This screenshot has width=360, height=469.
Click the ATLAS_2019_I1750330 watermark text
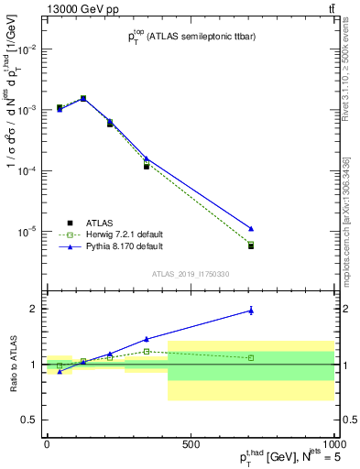pos(190,274)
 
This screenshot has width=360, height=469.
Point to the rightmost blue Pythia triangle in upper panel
pos(251,228)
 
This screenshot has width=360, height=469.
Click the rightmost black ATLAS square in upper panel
pos(251,246)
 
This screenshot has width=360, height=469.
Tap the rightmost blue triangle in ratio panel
pos(251,311)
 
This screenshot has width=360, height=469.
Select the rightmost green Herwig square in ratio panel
pos(251,357)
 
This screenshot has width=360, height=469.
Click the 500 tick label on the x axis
pos(190,442)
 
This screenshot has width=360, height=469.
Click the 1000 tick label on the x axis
pos(332,442)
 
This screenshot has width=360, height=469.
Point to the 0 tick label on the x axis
pos(47,442)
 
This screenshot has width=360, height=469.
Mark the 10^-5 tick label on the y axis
pos(26,232)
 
